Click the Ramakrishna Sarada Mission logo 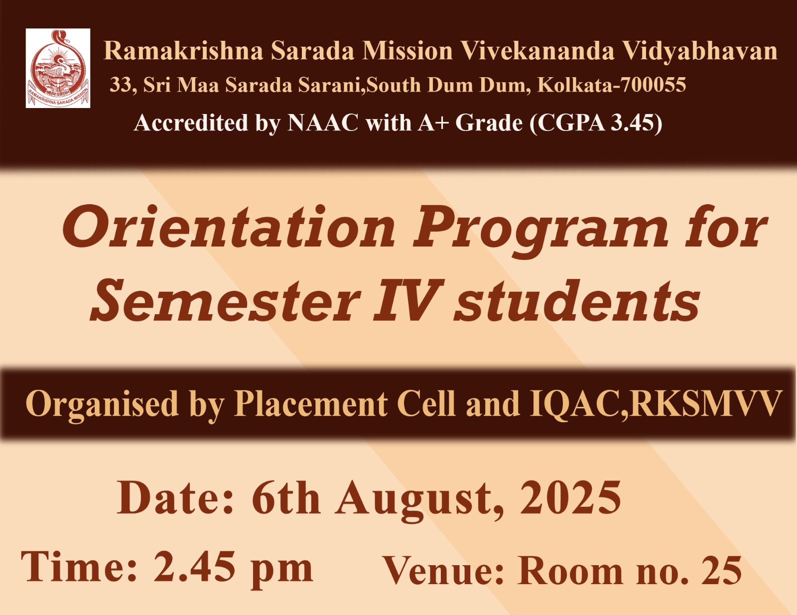pos(58,68)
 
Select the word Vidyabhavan pos(700,51)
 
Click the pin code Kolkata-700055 pos(612,85)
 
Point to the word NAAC pos(323,123)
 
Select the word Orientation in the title pos(229,227)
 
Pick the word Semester pos(225,301)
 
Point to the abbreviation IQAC pos(575,404)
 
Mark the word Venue pos(443,571)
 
